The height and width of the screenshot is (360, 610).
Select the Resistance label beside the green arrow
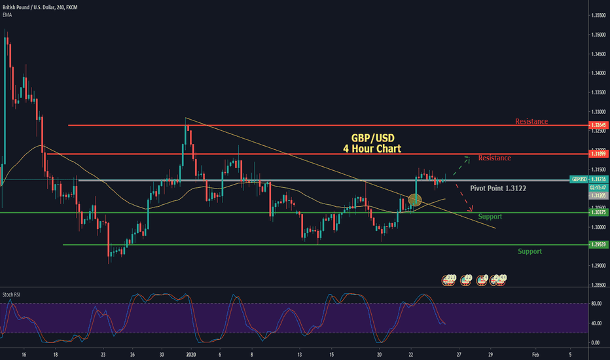coord(494,158)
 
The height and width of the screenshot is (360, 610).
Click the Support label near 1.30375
coord(490,217)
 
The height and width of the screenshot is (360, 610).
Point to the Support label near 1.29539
coord(529,251)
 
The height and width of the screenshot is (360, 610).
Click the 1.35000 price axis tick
coord(598,34)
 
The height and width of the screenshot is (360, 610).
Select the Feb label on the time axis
coord(535,353)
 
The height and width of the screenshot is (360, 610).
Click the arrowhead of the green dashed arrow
coord(467,157)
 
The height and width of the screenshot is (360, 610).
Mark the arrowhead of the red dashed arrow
coord(471,210)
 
